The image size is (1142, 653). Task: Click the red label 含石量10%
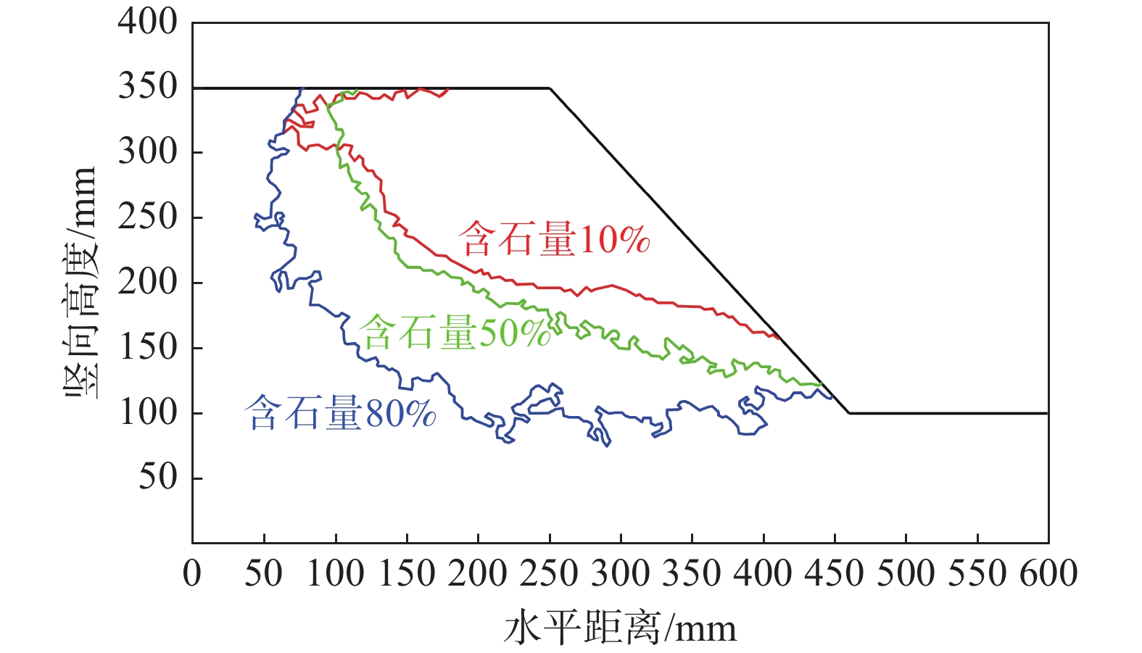click(x=554, y=239)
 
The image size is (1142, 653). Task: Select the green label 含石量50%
click(x=455, y=333)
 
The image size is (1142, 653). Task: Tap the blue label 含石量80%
click(x=341, y=414)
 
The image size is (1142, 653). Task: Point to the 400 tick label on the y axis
click(x=148, y=22)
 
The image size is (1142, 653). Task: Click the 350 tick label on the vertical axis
click(x=148, y=86)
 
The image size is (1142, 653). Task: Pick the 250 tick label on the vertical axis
click(x=148, y=217)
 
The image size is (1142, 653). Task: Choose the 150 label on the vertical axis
click(x=148, y=347)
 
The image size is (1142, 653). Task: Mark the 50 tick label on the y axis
click(x=157, y=477)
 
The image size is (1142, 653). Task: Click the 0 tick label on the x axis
click(x=192, y=573)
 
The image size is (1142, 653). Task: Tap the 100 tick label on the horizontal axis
click(x=335, y=573)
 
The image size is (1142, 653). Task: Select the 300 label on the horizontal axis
click(x=621, y=573)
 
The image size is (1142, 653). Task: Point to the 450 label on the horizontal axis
click(x=835, y=573)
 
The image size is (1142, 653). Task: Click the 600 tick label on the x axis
click(x=1048, y=573)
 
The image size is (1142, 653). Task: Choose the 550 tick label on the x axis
click(x=977, y=573)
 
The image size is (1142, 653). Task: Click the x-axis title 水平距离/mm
click(x=620, y=628)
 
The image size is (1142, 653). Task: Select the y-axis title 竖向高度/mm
click(x=80, y=283)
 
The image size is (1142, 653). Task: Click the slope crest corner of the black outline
click(x=550, y=88)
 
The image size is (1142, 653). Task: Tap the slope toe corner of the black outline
click(x=848, y=413)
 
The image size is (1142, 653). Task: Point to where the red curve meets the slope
click(x=778, y=337)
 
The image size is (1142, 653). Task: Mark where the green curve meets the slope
click(x=822, y=385)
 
